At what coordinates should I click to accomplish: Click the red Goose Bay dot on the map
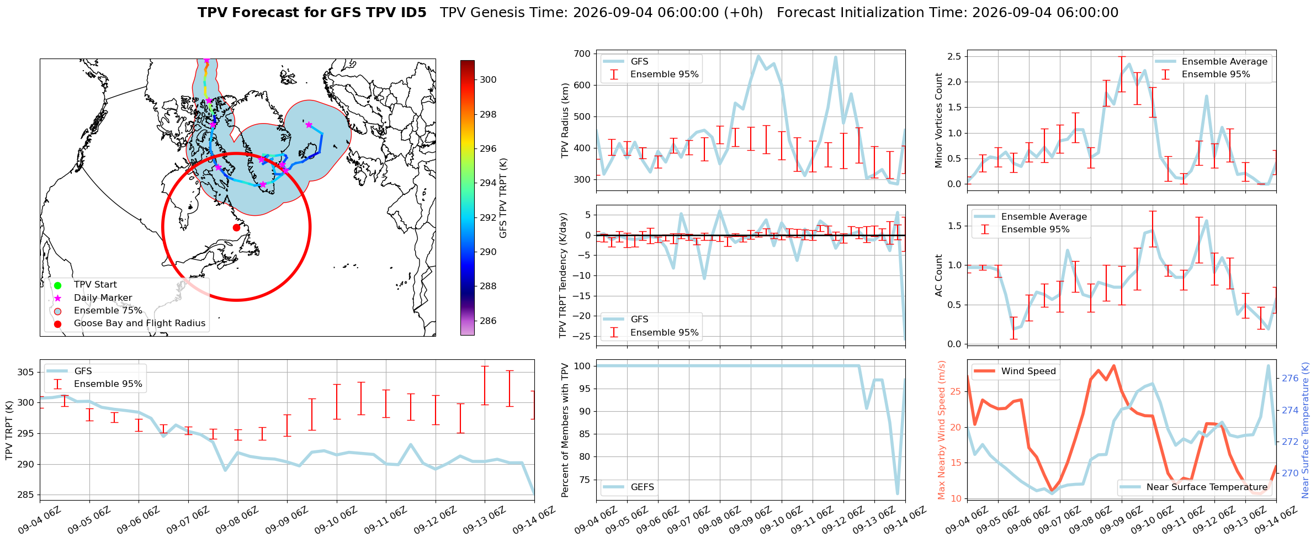pyautogui.click(x=236, y=227)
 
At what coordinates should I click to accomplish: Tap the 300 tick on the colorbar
pyautogui.click(x=488, y=79)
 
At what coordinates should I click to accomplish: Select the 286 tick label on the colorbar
pyautogui.click(x=488, y=321)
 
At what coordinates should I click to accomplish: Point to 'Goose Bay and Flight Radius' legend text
pyautogui.click(x=140, y=323)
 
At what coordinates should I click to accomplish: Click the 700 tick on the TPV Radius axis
pyautogui.click(x=582, y=54)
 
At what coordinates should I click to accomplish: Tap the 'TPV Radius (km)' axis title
pyautogui.click(x=565, y=120)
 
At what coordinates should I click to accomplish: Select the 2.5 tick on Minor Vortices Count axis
pyautogui.click(x=953, y=56)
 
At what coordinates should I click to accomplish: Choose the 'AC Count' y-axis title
pyautogui.click(x=939, y=275)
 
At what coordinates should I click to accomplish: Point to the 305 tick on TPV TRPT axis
pyautogui.click(x=26, y=372)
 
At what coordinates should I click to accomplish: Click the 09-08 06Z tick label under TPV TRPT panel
pyautogui.click(x=237, y=520)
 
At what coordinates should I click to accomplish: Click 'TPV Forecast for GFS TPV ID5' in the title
pyautogui.click(x=312, y=13)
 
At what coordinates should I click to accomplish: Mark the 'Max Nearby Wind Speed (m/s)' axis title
pyautogui.click(x=942, y=430)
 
